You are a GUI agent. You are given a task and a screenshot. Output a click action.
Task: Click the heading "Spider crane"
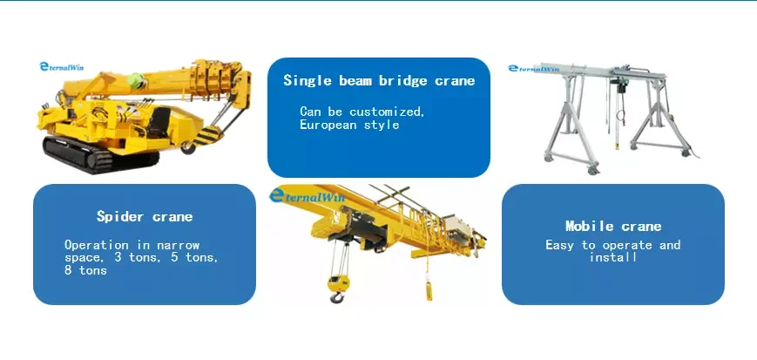pyautogui.click(x=145, y=216)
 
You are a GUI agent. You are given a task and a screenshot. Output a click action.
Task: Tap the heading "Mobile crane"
pyautogui.click(x=613, y=226)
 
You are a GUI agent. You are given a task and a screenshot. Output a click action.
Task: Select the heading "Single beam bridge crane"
pyautogui.click(x=379, y=81)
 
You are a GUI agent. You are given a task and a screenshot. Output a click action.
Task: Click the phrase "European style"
pyautogui.click(x=349, y=125)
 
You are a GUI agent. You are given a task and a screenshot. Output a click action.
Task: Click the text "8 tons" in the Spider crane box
pyautogui.click(x=85, y=270)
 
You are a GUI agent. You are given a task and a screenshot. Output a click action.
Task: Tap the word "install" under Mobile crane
pyautogui.click(x=613, y=258)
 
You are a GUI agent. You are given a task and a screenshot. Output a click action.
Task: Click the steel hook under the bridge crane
pyautogui.click(x=335, y=293)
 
